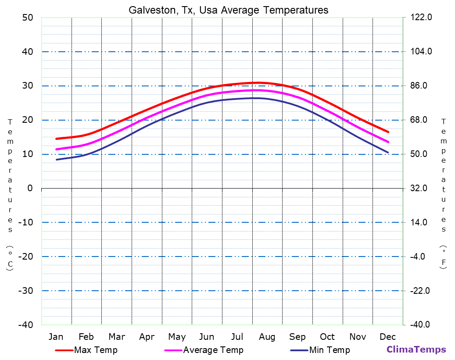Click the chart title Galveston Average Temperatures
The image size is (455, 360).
(x=228, y=10)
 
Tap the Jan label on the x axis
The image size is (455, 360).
(x=56, y=337)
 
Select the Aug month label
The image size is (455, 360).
(x=267, y=337)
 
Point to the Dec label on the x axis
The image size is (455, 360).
(x=388, y=337)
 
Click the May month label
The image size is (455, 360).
(x=177, y=337)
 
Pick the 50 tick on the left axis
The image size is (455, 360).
(x=27, y=18)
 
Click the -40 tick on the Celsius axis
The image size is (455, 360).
(x=25, y=325)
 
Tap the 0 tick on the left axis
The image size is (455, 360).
(x=30, y=188)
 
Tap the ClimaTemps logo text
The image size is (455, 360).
(x=416, y=349)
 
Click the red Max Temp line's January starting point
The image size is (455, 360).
(x=57, y=139)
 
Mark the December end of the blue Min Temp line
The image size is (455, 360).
(x=388, y=152)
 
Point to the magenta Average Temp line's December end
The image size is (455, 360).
(x=388, y=142)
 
